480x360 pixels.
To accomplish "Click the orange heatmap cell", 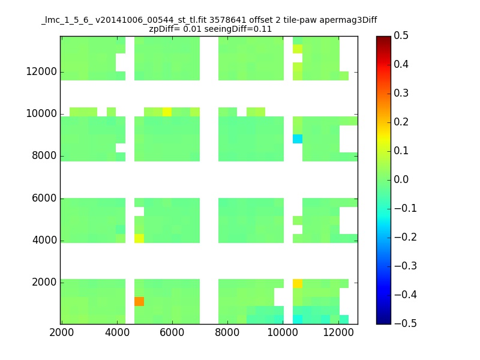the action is pyautogui.click(x=139, y=302).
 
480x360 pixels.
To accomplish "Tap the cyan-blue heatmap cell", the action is pyautogui.click(x=298, y=139).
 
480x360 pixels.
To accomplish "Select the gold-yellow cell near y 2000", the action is pyautogui.click(x=298, y=283).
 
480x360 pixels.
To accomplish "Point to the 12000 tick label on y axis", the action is pyautogui.click(x=41, y=71).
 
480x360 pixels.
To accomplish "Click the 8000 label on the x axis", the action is pyautogui.click(x=227, y=332).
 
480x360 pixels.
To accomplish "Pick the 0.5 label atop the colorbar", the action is pyautogui.click(x=401, y=35).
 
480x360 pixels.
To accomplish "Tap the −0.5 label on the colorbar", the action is pyautogui.click(x=406, y=323).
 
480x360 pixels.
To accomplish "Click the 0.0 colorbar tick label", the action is pyautogui.click(x=401, y=179).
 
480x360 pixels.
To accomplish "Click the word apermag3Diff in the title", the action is pyautogui.click(x=349, y=20).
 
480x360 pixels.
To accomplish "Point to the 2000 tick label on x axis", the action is pyautogui.click(x=62, y=332).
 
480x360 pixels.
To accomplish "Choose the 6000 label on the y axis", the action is pyautogui.click(x=44, y=198).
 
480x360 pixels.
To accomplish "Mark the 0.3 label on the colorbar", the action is pyautogui.click(x=401, y=93).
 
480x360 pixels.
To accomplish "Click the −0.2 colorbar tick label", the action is pyautogui.click(x=406, y=237).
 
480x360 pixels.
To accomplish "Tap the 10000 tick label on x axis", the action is pyautogui.click(x=283, y=332).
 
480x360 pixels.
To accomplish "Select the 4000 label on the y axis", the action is pyautogui.click(x=44, y=240).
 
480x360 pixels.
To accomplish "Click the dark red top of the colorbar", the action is pyautogui.click(x=383, y=38).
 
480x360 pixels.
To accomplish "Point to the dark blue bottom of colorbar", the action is pyautogui.click(x=383, y=322).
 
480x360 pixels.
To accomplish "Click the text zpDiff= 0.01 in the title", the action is pyautogui.click(x=175, y=29).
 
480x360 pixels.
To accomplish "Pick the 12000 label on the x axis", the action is pyautogui.click(x=338, y=332).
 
